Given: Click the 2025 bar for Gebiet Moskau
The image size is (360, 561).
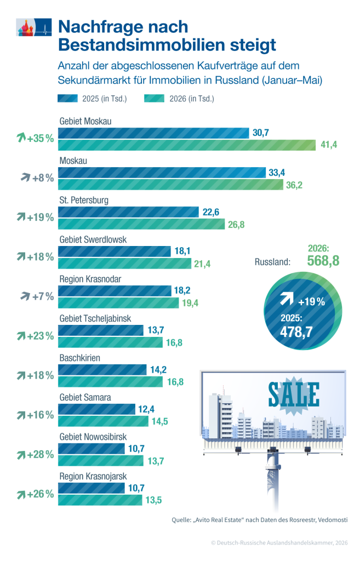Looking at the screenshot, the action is pyautogui.click(x=153, y=133).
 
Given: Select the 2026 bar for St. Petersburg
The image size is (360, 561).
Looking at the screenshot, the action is pyautogui.click(x=141, y=224).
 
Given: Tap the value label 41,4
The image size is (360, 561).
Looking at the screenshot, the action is pyautogui.click(x=329, y=145).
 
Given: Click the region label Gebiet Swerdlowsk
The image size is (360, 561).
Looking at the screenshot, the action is pyautogui.click(x=93, y=240).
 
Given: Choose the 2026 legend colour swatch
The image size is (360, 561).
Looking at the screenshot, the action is pyautogui.click(x=154, y=99).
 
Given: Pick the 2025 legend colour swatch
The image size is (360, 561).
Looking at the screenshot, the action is pyautogui.click(x=67, y=99).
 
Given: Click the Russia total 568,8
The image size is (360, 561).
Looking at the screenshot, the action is pyautogui.click(x=323, y=261).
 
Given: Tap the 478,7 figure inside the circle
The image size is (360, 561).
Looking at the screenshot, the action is pyautogui.click(x=296, y=332).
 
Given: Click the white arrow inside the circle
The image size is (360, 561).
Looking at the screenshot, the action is pyautogui.click(x=287, y=298).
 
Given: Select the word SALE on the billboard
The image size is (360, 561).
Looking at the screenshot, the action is pyautogui.click(x=294, y=394).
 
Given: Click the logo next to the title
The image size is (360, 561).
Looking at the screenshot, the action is pyautogui.click(x=34, y=27).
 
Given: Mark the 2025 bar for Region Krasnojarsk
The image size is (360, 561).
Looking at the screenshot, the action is pyautogui.click(x=92, y=488).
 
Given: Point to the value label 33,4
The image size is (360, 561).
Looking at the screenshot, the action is pyautogui.click(x=277, y=173).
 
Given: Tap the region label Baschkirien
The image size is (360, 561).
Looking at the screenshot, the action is pyautogui.click(x=80, y=358).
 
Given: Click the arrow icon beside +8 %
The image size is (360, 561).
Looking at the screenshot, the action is pyautogui.click(x=25, y=177).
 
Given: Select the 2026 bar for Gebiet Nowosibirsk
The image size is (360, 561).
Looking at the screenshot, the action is pyautogui.click(x=101, y=461).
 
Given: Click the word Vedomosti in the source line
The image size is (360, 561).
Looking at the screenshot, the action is pyautogui.click(x=333, y=520).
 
